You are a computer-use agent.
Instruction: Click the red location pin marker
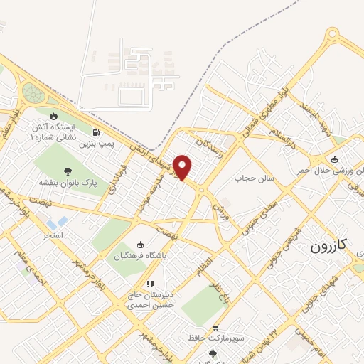tap(183, 168)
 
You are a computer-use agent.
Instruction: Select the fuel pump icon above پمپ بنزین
tap(96, 132)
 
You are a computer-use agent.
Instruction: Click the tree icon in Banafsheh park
tap(68, 171)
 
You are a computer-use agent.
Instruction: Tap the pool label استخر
tap(53, 234)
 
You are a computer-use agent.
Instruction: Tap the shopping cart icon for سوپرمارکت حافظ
tap(215, 328)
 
